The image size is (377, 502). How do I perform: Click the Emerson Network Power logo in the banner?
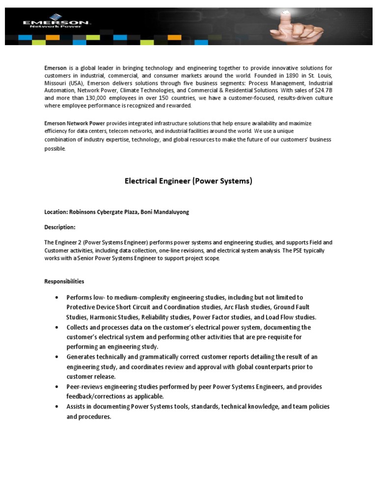point(56,24)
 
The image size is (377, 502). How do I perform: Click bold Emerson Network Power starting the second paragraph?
point(75,123)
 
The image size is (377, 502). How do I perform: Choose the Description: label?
point(60,227)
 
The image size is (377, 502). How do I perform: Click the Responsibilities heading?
point(64,281)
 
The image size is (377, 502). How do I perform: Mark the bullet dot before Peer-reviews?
point(58,387)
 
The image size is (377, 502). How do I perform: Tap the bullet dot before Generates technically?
point(58,357)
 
